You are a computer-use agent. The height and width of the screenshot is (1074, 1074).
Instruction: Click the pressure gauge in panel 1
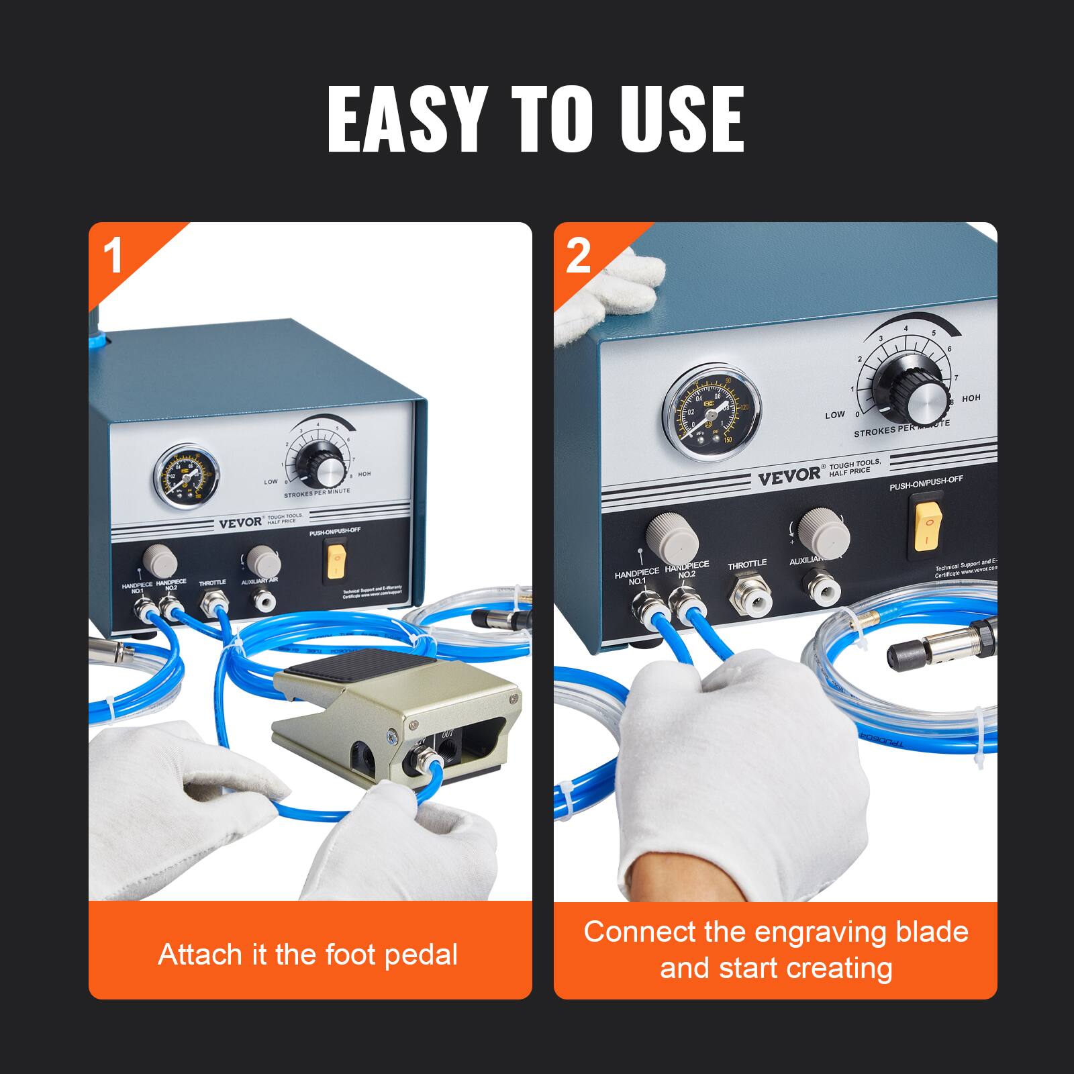click(179, 478)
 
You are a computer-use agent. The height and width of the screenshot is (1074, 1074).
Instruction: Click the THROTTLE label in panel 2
click(747, 566)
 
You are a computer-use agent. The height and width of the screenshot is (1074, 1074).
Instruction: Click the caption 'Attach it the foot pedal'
click(308, 955)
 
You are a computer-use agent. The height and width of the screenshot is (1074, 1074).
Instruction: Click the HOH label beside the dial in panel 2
click(971, 398)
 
